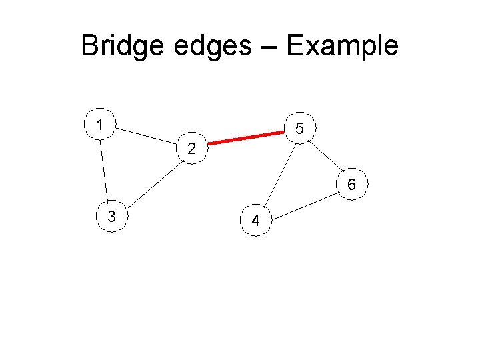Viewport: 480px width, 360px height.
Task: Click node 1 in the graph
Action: click(x=100, y=125)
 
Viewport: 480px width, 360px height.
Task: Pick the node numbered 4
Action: click(x=256, y=221)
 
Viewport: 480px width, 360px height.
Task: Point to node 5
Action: click(x=300, y=129)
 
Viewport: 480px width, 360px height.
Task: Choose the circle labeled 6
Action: click(x=351, y=183)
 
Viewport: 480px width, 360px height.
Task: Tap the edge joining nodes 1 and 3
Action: click(x=105, y=170)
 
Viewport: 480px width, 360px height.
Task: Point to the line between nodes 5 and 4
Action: click(x=279, y=174)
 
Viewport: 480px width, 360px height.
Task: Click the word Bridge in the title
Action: click(x=123, y=47)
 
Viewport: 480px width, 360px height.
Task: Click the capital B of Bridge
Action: click(x=89, y=46)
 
